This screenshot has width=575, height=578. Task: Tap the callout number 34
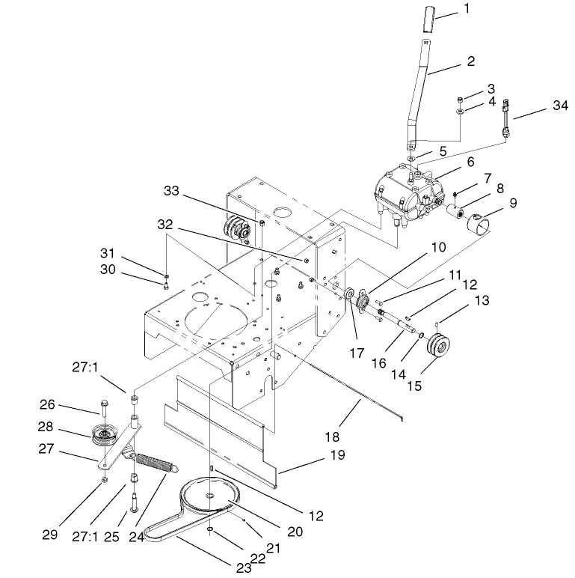coord(560,106)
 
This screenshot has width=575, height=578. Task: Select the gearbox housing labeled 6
coord(404,192)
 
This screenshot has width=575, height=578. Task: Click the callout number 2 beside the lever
coord(470,62)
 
